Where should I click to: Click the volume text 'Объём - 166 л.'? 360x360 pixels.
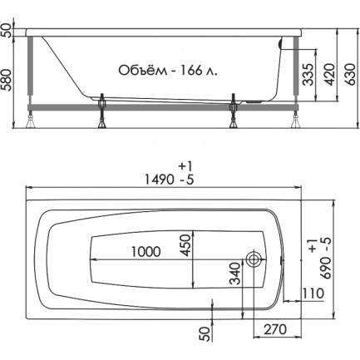[168, 71]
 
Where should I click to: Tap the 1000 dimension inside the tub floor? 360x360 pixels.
[145, 252]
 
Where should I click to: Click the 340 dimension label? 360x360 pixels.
[235, 274]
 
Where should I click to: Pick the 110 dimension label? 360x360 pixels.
[313, 293]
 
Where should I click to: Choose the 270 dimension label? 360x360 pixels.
[275, 329]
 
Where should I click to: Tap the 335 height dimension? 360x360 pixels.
[308, 74]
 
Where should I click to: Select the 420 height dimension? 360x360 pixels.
[330, 74]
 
